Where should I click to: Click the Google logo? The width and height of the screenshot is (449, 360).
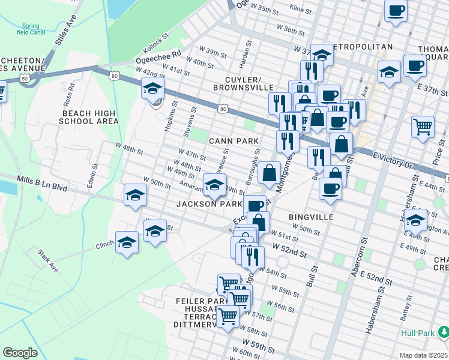click(x=20, y=353)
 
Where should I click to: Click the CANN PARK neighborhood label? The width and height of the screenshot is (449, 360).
click(x=234, y=141)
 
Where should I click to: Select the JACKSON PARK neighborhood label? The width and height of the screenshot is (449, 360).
click(x=209, y=204)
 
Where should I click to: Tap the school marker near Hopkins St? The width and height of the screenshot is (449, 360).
click(x=152, y=89)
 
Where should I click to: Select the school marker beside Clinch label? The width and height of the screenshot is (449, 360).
click(x=127, y=242)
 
